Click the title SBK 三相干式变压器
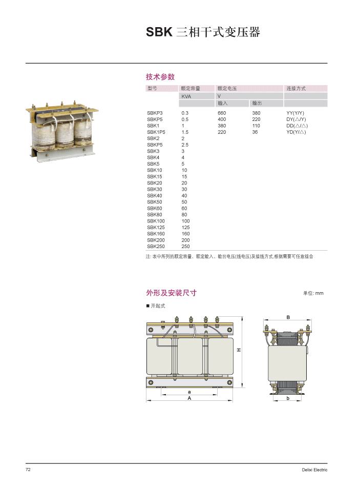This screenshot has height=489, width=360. (203, 32)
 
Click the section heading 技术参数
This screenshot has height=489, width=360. (160, 77)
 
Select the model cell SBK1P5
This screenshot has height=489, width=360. (156, 132)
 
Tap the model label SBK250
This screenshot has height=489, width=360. (156, 247)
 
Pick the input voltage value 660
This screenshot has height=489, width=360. (222, 113)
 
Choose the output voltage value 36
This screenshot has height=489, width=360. (255, 132)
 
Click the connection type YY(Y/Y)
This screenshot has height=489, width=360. (295, 113)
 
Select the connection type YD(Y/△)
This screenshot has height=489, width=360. (296, 132)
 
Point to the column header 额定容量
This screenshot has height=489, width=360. (190, 89)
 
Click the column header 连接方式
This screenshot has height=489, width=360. (296, 89)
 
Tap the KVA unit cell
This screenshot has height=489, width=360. (186, 96)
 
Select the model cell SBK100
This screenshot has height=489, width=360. (156, 221)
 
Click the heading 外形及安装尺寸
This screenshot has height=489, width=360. (172, 293)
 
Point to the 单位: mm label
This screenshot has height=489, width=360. (313, 293)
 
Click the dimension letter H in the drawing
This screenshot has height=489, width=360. (239, 350)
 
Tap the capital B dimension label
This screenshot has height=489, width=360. (288, 317)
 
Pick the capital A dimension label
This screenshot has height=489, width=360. (189, 398)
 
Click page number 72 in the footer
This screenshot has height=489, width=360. (29, 470)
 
